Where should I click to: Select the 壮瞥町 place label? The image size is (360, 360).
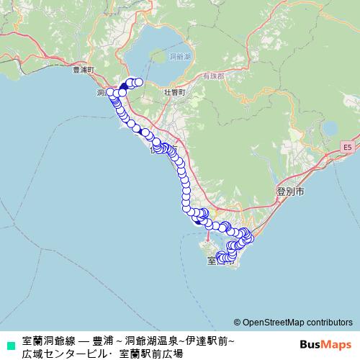click(x=175, y=93)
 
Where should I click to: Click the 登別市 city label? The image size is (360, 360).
click(x=290, y=192)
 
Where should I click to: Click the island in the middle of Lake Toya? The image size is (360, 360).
click(x=157, y=59)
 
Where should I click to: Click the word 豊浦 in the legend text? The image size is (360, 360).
click(x=102, y=340)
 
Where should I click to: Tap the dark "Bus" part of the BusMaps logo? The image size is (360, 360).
click(x=311, y=344)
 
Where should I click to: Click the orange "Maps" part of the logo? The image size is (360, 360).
click(x=338, y=344)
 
